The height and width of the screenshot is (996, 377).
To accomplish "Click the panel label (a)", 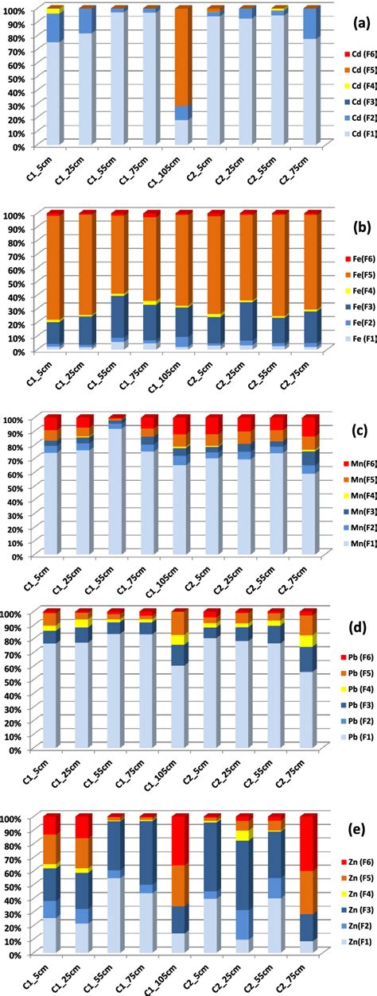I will pos(359,17).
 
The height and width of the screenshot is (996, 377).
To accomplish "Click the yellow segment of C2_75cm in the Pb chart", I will pos(307,685).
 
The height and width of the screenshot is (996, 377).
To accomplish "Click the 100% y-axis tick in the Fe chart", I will pos(17,215).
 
